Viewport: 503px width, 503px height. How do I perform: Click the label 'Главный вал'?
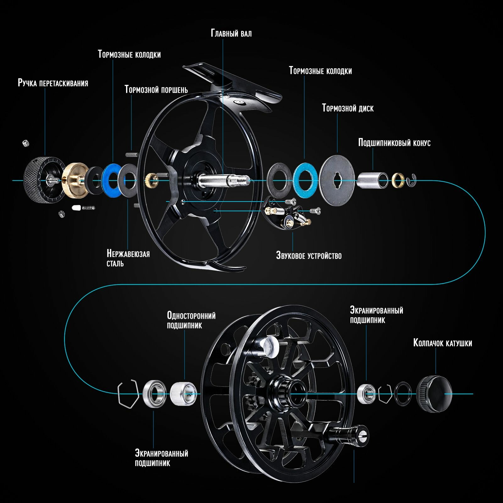tap(231, 33)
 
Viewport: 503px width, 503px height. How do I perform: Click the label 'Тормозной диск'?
tap(348, 108)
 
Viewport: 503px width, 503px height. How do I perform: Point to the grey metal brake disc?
tap(337, 180)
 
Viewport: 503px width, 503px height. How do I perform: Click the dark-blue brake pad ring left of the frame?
tap(111, 180)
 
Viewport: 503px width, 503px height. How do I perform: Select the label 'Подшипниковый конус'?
tap(394, 143)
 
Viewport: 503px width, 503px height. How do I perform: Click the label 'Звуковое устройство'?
tap(309, 255)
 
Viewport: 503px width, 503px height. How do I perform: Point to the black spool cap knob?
tap(434, 394)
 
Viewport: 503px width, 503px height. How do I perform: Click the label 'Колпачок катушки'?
tap(442, 343)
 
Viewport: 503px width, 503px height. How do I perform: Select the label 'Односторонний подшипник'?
tap(191, 320)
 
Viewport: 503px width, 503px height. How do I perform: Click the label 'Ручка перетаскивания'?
tap(53, 83)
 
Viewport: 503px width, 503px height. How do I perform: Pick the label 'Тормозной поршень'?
tap(156, 90)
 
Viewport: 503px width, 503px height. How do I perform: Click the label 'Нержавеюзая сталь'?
tap(128, 258)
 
